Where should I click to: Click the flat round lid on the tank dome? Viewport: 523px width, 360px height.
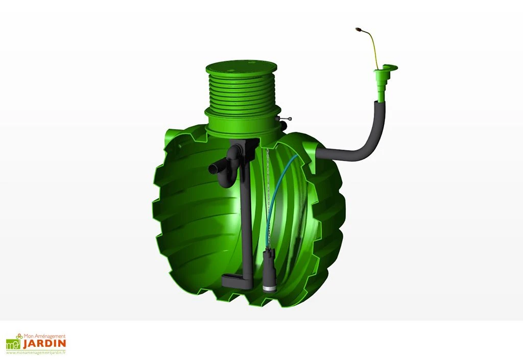coord(241,68)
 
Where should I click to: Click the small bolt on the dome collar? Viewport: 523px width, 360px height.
coord(285,119)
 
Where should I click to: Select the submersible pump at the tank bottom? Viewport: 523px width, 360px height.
coord(269,271)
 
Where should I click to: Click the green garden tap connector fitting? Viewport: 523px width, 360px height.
coord(382,82)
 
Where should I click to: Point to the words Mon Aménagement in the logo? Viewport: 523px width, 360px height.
coord(47,336)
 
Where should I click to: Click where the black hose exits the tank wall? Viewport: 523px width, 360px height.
coord(321,152)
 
